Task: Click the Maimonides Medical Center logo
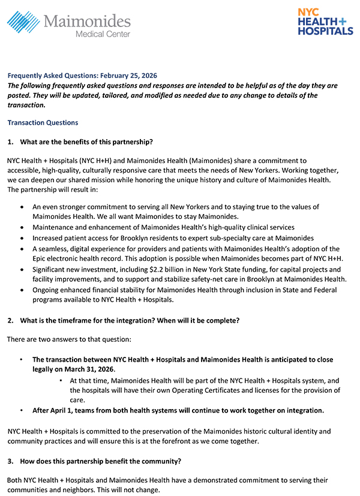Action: [x=68, y=25]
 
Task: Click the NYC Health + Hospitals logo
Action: [x=325, y=22]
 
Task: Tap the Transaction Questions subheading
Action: [x=43, y=122]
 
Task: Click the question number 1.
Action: [x=10, y=142]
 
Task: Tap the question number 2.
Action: [x=10, y=320]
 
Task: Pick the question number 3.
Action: [x=10, y=461]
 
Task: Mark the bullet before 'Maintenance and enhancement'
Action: [x=22, y=227]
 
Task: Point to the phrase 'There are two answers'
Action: [x=41, y=339]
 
